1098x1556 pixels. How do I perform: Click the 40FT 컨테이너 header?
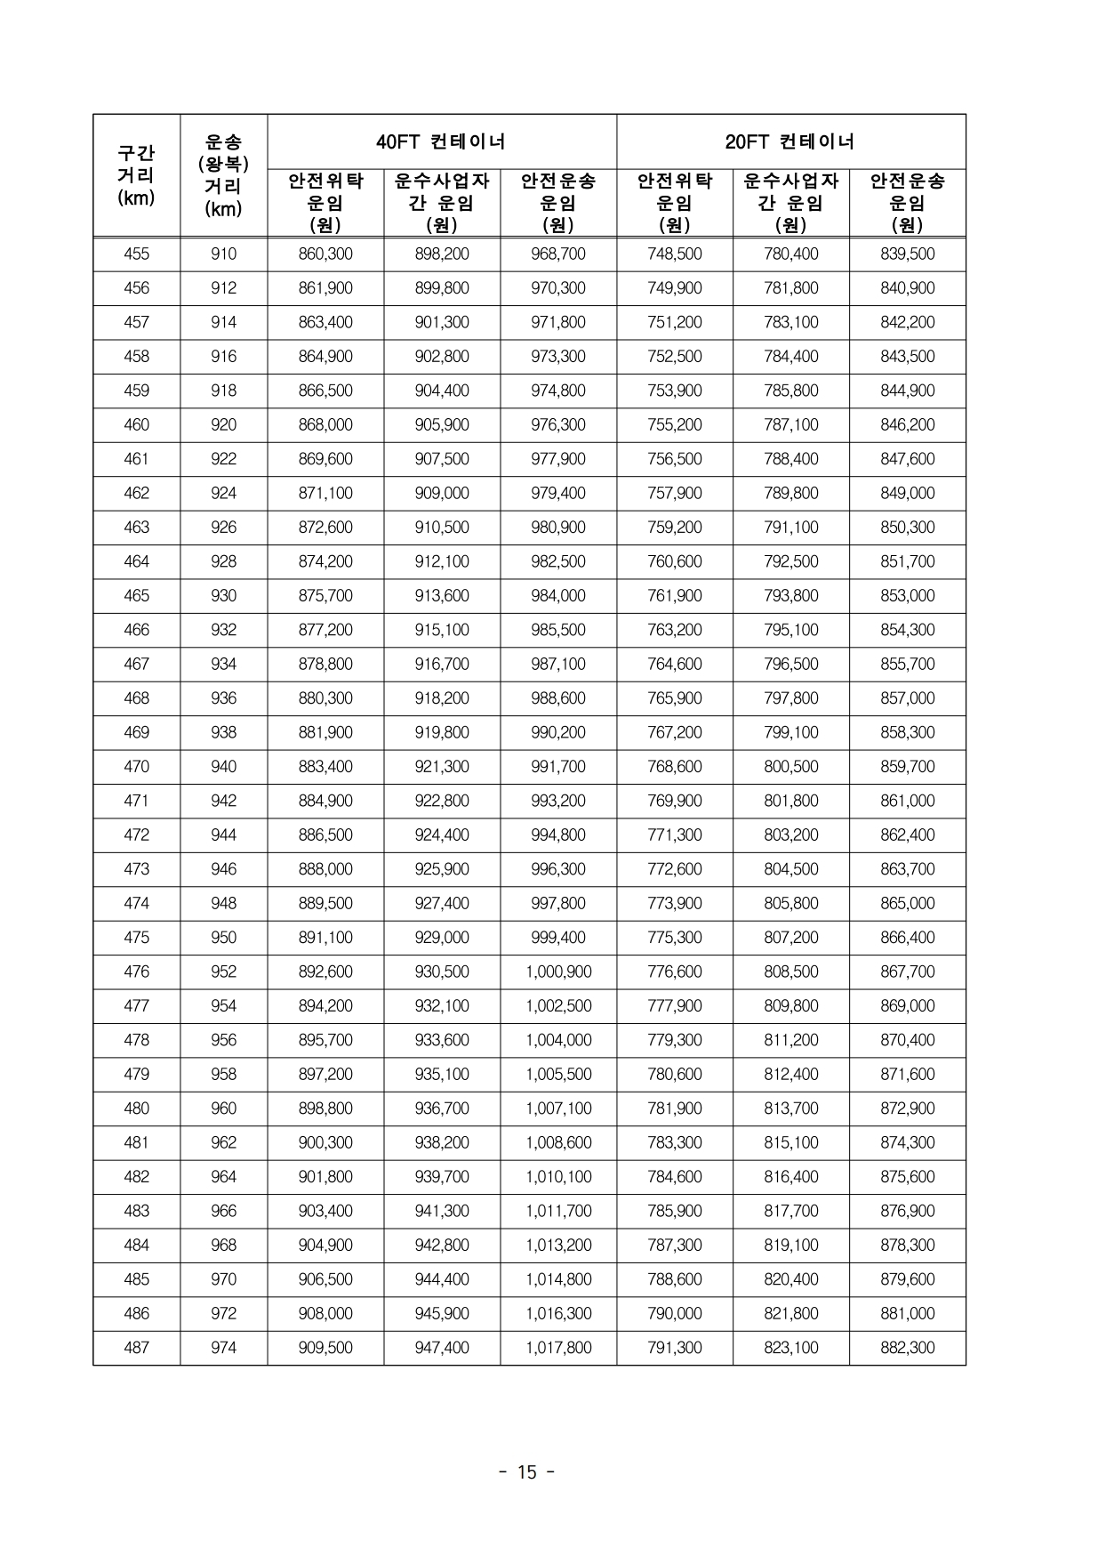(x=441, y=141)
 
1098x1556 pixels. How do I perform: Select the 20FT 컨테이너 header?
(x=790, y=141)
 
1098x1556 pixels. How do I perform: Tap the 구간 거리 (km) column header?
(x=136, y=175)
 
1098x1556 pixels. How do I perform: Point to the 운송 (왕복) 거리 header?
(x=223, y=175)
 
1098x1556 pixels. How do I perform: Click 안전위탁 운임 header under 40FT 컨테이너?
(x=325, y=203)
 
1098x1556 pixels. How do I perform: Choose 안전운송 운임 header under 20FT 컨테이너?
(x=907, y=203)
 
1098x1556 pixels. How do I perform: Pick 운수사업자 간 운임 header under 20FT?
(x=790, y=203)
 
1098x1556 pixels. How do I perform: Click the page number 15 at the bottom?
(x=527, y=1472)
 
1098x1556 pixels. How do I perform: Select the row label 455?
(x=136, y=254)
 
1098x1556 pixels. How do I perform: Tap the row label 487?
(x=136, y=1347)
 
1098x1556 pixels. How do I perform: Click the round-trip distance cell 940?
(x=223, y=766)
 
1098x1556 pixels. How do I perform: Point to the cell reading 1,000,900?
(x=558, y=971)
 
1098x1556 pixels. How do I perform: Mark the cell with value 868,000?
(x=325, y=424)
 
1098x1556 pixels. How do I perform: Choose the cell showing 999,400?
(x=558, y=937)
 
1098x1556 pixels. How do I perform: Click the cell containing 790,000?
(x=675, y=1313)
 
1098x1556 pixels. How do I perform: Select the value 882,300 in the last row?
(x=907, y=1347)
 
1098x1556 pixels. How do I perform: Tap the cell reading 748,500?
(x=675, y=254)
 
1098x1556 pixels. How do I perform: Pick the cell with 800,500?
(x=790, y=766)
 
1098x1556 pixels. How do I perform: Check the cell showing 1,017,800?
(x=558, y=1347)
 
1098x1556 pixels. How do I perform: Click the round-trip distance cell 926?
(x=223, y=527)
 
